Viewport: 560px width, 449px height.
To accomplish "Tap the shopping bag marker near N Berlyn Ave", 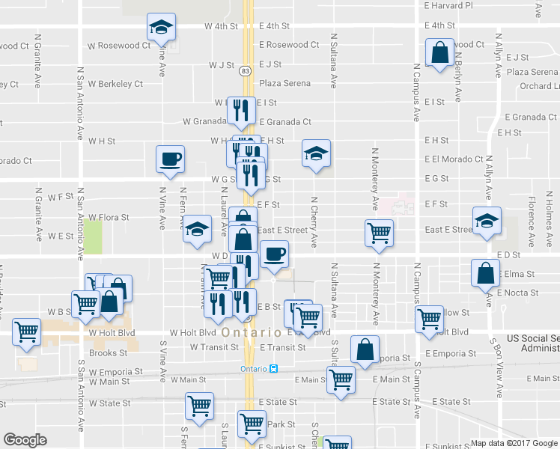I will click(x=439, y=53).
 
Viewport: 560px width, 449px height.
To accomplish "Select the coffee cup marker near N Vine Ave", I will click(x=170, y=159).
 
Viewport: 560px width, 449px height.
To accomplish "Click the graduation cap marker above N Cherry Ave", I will click(x=316, y=153).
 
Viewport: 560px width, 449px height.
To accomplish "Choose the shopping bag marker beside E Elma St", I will click(x=485, y=273).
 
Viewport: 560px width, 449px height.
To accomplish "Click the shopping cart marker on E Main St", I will click(x=341, y=379).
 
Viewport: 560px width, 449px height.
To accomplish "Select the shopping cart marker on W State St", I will click(x=200, y=406).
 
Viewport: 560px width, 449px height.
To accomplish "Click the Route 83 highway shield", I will click(x=246, y=70).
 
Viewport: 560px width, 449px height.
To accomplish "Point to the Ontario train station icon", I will click(x=274, y=369).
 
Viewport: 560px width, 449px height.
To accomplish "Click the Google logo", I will click(x=25, y=440).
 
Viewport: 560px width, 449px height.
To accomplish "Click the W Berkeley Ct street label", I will click(x=115, y=84).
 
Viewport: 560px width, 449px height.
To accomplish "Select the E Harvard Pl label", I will click(x=448, y=5).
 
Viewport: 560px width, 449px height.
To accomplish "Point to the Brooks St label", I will click(x=108, y=352).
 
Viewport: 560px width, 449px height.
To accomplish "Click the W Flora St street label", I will click(x=109, y=218).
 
